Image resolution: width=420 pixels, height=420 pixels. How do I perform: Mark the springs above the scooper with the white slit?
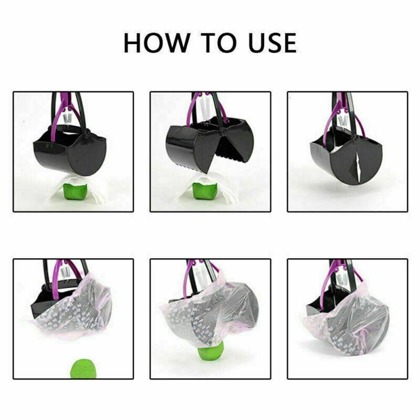pos(343,122)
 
